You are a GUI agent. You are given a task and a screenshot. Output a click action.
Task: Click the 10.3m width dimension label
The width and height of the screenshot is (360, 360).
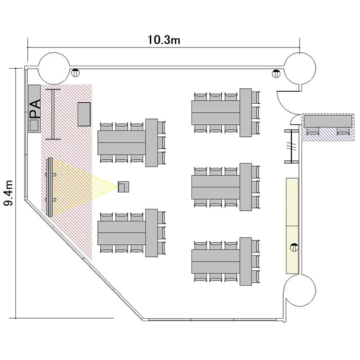(x=164, y=40)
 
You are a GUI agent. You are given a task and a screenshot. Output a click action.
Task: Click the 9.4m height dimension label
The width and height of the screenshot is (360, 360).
(x=8, y=193)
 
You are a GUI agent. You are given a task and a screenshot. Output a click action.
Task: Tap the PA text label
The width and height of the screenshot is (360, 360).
(x=35, y=109)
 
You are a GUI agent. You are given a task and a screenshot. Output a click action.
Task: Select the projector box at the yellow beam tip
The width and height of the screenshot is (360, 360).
(x=123, y=187)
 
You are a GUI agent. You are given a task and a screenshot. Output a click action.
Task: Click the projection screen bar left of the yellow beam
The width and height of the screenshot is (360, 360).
(x=49, y=187)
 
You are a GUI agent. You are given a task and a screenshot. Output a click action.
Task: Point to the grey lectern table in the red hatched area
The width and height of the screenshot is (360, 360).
(x=84, y=114)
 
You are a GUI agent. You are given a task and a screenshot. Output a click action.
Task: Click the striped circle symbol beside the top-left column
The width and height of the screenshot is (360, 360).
(x=75, y=73)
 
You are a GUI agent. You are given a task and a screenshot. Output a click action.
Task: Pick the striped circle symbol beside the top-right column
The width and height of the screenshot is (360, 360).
(x=276, y=73)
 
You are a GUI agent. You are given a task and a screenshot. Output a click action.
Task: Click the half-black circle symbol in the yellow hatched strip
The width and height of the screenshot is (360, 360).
(x=294, y=247)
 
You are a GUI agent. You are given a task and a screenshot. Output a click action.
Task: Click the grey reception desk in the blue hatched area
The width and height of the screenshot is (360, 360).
(x=328, y=121)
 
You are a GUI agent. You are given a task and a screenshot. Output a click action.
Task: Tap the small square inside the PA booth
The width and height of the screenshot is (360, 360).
(x=34, y=125)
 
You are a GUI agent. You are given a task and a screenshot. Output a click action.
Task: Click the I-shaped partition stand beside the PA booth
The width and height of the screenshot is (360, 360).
(x=53, y=114)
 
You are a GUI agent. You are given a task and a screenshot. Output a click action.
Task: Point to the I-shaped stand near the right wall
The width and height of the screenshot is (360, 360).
(x=291, y=146)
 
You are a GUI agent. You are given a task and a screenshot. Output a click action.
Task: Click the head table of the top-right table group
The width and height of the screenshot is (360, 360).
(x=246, y=113)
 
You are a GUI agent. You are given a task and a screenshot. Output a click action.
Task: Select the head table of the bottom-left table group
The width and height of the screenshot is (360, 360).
(x=152, y=233)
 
